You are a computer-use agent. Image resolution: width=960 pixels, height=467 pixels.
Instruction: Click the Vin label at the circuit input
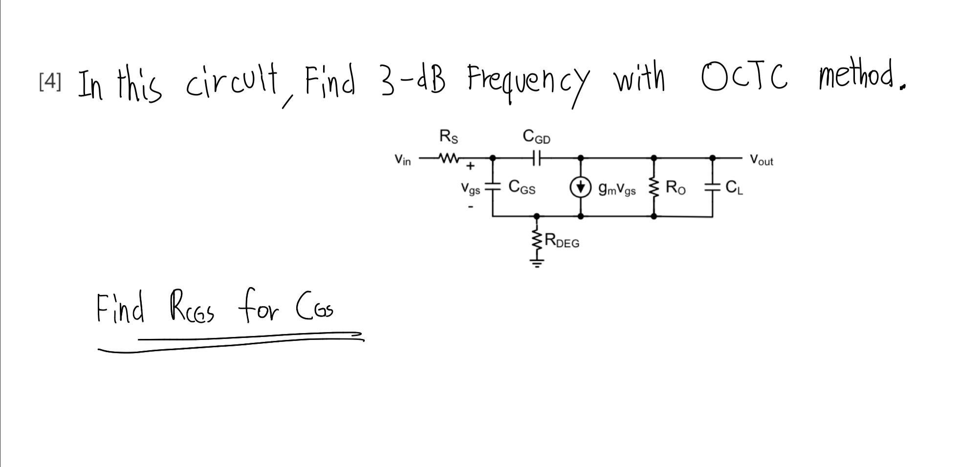403,160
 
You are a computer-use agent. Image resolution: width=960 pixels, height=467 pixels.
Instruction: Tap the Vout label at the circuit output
762,160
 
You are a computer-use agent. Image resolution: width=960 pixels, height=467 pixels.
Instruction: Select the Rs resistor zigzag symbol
449,158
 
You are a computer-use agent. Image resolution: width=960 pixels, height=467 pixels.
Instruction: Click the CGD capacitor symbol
537,158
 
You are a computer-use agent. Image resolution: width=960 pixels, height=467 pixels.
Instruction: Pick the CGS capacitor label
522,187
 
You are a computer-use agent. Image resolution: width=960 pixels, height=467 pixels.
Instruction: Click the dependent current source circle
580,187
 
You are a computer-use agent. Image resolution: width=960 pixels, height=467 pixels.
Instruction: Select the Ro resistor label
676,187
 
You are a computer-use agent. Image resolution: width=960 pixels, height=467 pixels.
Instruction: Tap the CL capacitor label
734,187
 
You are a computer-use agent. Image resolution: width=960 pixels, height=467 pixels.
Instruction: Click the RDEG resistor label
562,241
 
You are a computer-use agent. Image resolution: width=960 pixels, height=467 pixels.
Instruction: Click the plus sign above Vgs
470,166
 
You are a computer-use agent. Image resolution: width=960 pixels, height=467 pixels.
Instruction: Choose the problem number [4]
50,82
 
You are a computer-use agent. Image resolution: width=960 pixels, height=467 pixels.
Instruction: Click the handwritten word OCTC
743,78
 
